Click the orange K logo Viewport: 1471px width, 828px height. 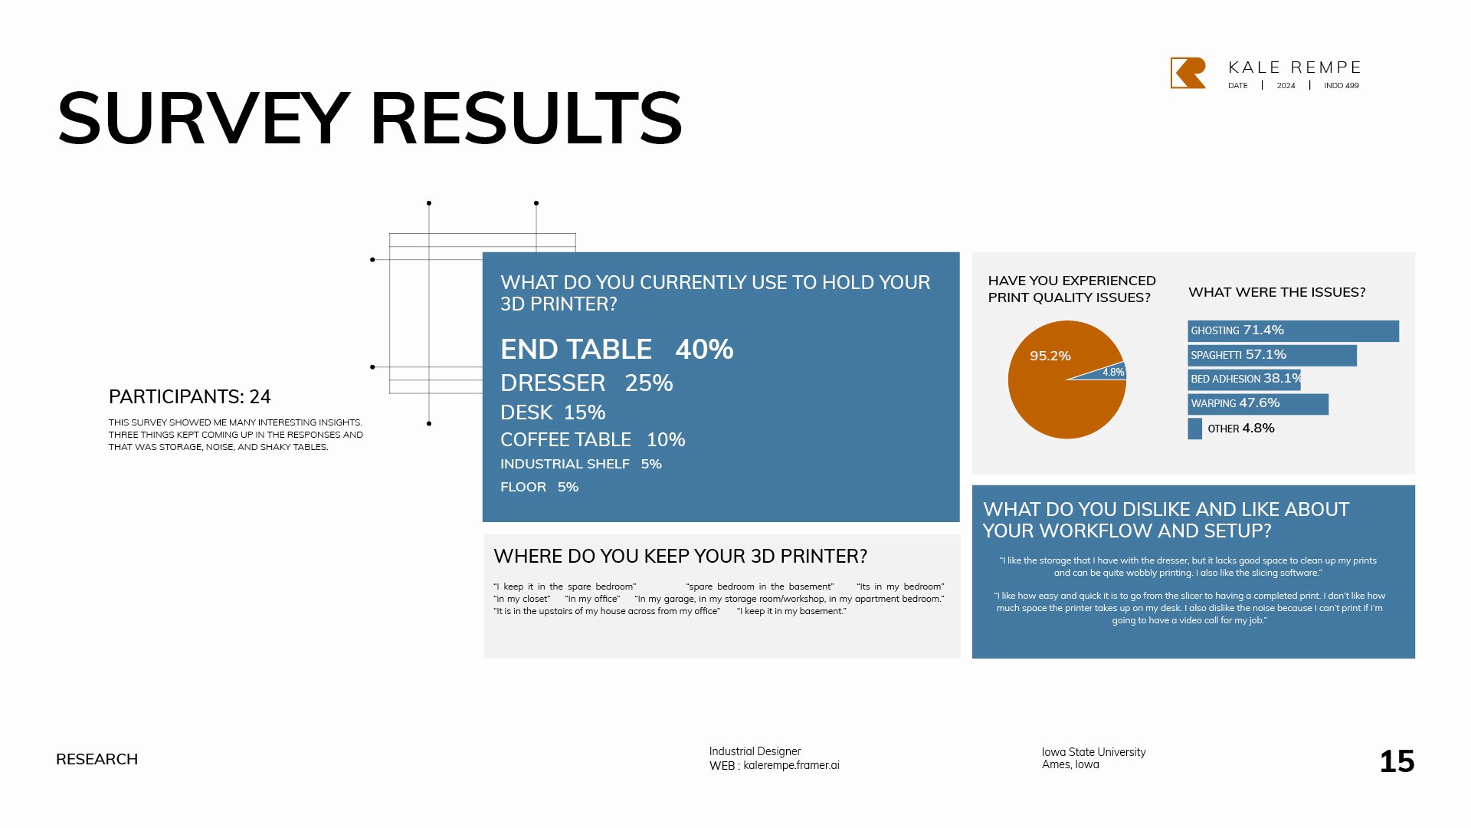click(x=1188, y=73)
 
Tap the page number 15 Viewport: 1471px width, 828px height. click(x=1397, y=761)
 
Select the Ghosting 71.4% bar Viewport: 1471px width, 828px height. click(x=1293, y=331)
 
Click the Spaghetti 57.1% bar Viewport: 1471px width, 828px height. click(x=1272, y=356)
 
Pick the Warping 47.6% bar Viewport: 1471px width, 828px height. click(x=1258, y=404)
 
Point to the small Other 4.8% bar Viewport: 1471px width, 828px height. click(x=1194, y=429)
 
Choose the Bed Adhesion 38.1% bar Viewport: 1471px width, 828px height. click(x=1244, y=379)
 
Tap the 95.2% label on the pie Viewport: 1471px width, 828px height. click(x=1050, y=356)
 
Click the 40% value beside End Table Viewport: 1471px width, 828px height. click(x=704, y=350)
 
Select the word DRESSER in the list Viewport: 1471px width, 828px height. click(x=552, y=383)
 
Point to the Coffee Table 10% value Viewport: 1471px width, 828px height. click(x=666, y=440)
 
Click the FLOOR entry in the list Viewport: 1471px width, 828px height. click(x=523, y=487)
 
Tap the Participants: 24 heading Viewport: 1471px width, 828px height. click(x=190, y=397)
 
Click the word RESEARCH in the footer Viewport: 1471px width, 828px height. click(x=97, y=759)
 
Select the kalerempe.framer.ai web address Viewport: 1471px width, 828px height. click(x=791, y=765)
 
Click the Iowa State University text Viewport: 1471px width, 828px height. click(x=1093, y=752)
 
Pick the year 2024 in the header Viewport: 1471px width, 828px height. click(x=1286, y=86)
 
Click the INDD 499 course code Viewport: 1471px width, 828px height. click(x=1341, y=86)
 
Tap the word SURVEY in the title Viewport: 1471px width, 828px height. click(x=203, y=119)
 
